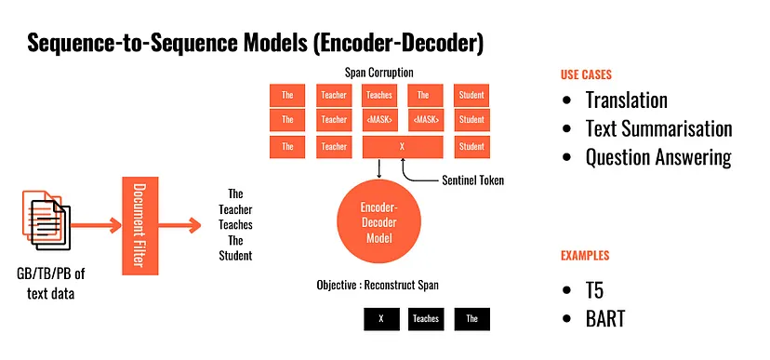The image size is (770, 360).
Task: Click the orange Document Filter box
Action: [x=139, y=225]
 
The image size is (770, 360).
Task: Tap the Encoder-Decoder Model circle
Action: [x=378, y=223]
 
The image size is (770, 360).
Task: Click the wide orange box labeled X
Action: [x=402, y=147]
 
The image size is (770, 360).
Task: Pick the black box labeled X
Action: [x=381, y=319]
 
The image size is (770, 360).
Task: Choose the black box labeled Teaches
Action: [x=425, y=319]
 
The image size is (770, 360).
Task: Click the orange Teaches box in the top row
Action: [x=379, y=95]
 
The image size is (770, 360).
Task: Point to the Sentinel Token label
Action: [x=473, y=180]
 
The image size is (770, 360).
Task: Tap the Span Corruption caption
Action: [x=378, y=73]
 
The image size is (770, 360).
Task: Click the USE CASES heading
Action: [x=587, y=75]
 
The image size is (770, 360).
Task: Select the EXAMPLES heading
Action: [x=585, y=256]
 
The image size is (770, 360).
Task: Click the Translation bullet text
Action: [x=626, y=100]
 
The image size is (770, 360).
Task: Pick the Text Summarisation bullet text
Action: [x=658, y=128]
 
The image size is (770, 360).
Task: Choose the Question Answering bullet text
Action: [x=658, y=157]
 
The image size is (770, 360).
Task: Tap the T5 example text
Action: [x=594, y=291]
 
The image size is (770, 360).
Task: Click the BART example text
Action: [x=605, y=319]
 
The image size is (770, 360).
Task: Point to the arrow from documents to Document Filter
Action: [x=96, y=225]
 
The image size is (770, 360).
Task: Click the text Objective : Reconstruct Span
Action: [x=378, y=285]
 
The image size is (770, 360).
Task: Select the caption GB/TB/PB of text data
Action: [x=50, y=284]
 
